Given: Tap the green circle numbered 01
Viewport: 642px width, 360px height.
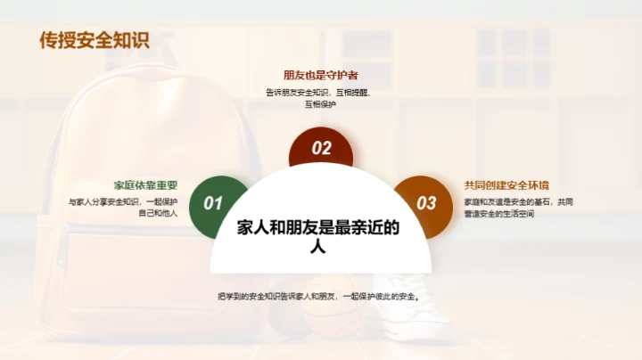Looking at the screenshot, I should click(214, 203).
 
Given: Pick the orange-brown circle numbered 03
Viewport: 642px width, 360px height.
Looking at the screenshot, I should click(426, 203).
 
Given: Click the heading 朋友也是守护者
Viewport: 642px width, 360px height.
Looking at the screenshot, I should click(320, 76).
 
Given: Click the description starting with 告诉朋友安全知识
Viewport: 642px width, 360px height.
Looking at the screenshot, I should click(320, 98).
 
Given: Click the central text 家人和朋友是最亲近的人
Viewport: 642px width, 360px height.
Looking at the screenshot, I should click(318, 236).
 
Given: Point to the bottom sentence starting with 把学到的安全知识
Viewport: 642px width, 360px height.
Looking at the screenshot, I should click(318, 297).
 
